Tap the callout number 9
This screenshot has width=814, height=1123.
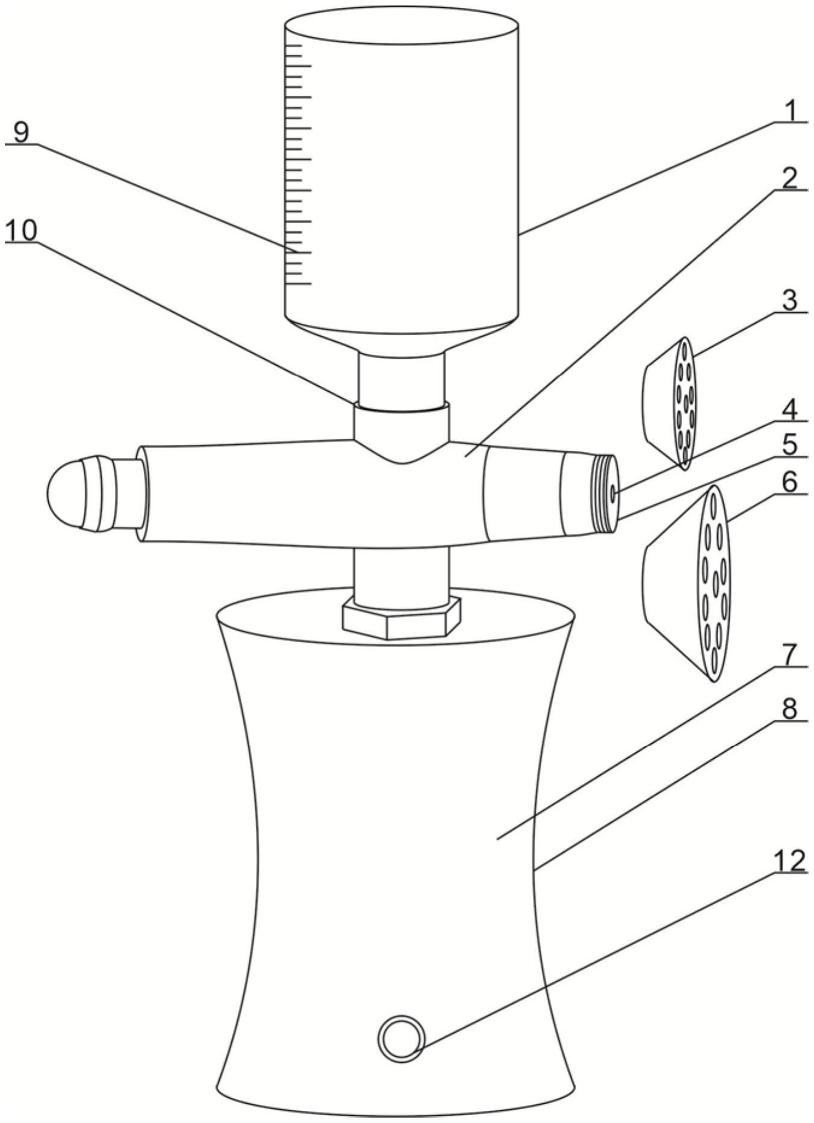[21, 132]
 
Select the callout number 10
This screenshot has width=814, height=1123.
[21, 230]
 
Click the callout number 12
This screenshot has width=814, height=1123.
[789, 861]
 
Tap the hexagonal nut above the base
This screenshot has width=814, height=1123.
[401, 620]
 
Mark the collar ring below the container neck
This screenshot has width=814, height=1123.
[402, 407]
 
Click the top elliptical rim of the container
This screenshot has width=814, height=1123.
[402, 26]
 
